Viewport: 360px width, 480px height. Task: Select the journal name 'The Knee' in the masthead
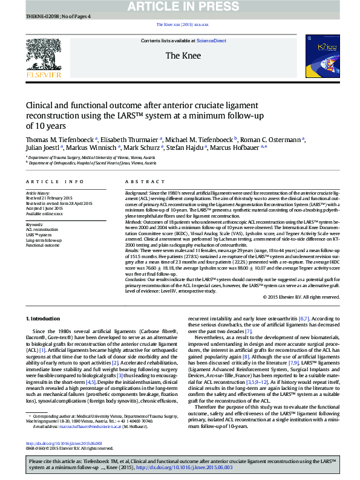point(183,56)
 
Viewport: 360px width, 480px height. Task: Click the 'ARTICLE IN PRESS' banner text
point(180,7)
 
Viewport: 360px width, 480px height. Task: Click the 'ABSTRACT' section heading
point(140,181)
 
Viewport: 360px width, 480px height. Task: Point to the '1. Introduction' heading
point(43,318)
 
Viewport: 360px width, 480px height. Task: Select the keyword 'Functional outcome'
point(42,245)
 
